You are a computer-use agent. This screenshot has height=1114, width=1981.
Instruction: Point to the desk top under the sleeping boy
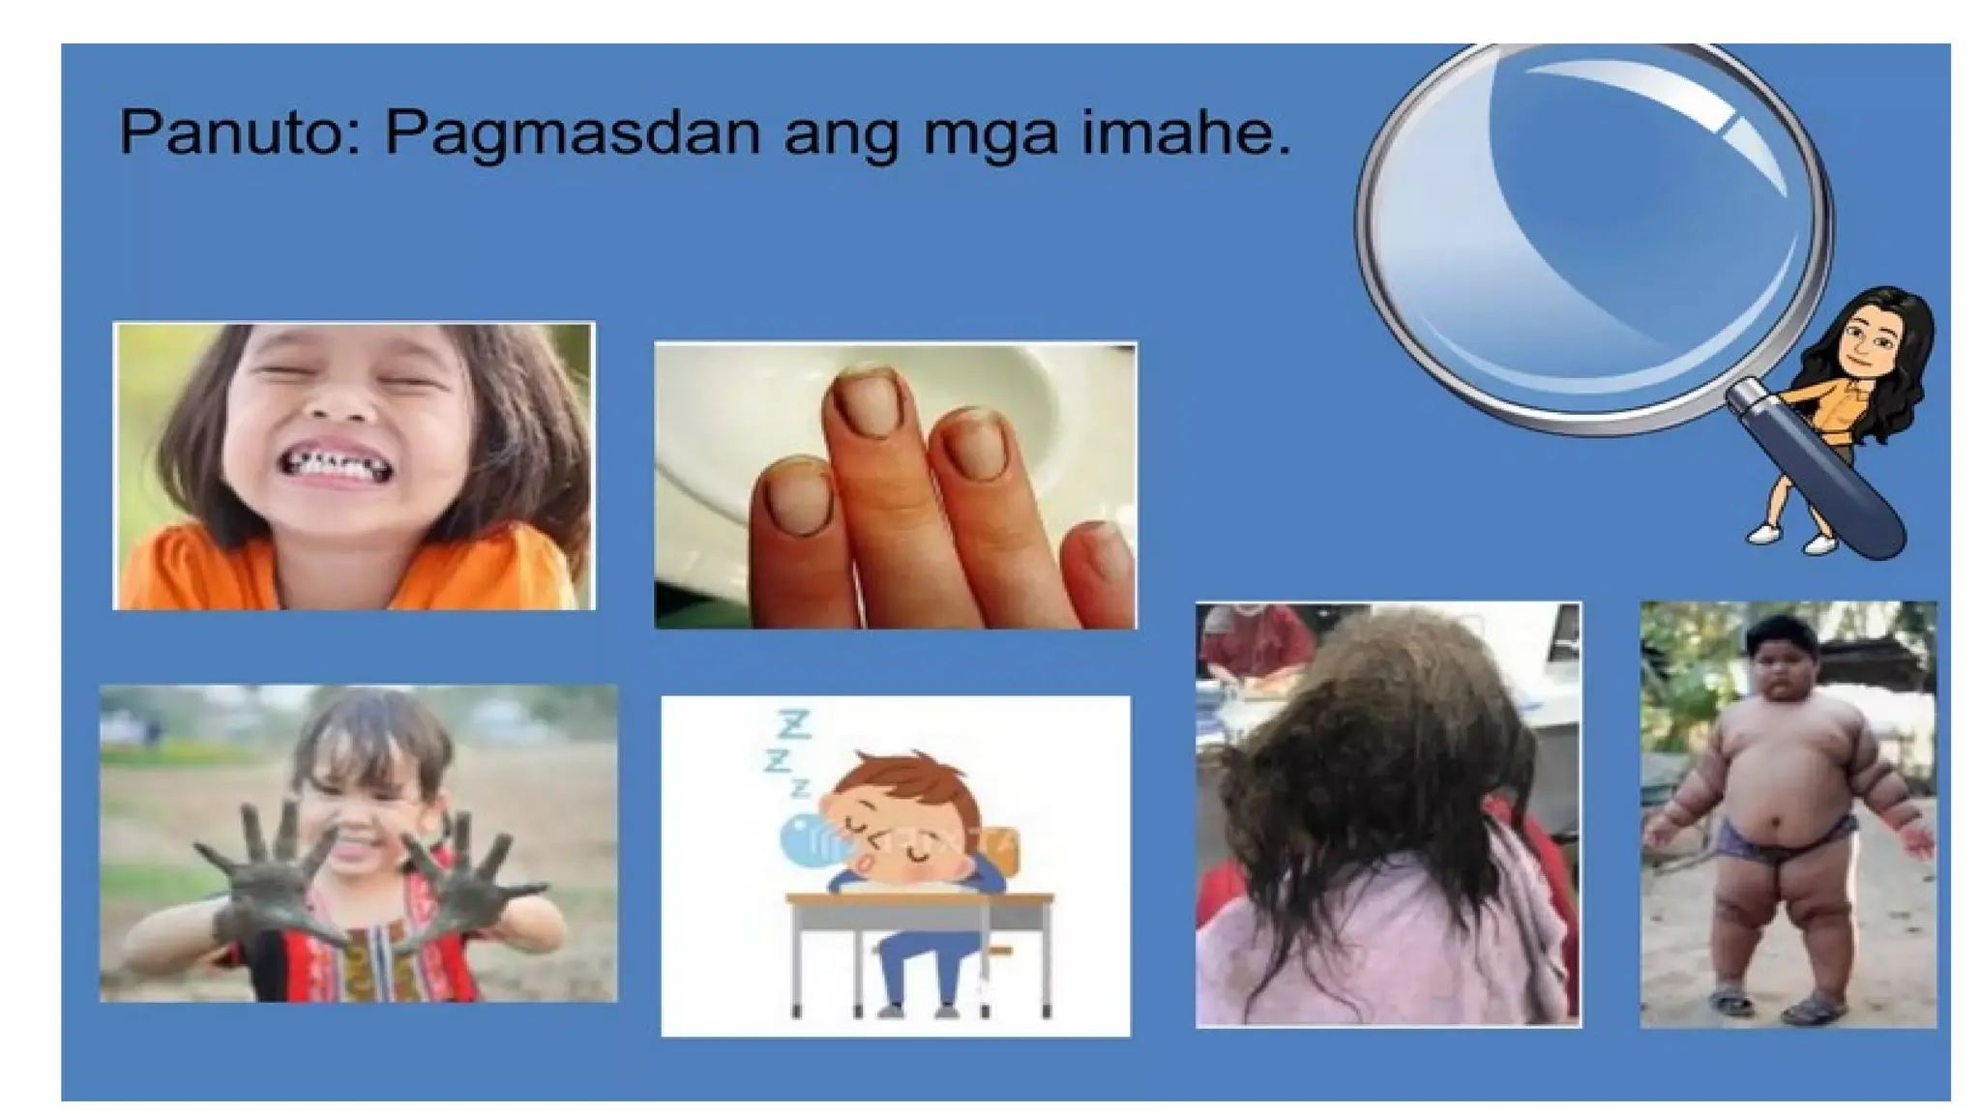tap(919, 899)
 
